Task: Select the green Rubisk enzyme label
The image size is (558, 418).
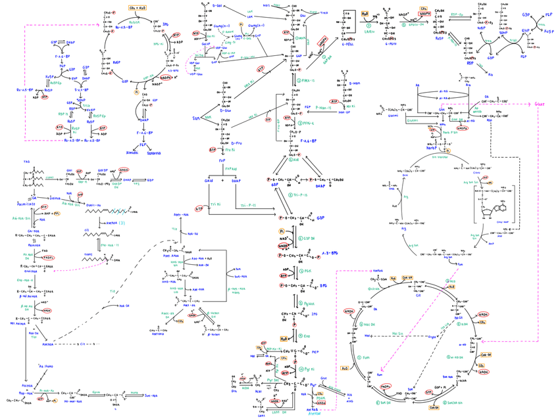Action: click(135, 22)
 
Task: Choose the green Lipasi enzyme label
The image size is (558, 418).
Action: click(51, 177)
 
